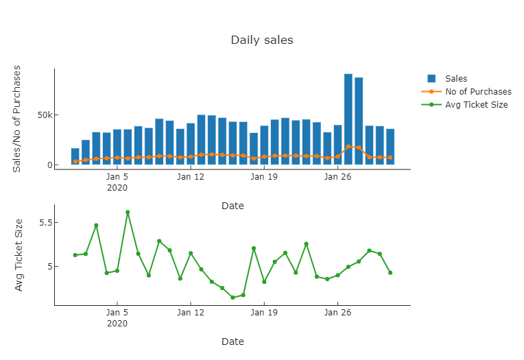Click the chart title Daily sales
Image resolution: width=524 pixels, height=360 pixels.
(261, 40)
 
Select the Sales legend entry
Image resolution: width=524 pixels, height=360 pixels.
(455, 79)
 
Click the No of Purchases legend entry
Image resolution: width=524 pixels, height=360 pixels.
(477, 92)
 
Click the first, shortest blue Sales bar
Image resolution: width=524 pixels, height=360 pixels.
(75, 156)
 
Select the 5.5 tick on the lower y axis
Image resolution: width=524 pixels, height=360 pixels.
(45, 223)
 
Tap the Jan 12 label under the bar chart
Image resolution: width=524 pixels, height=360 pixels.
(191, 177)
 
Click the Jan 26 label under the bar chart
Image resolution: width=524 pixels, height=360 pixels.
(337, 177)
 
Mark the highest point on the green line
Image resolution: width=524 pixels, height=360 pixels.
(128, 213)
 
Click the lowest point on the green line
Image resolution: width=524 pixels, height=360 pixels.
(233, 298)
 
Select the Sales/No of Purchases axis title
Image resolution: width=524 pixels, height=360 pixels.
(18, 119)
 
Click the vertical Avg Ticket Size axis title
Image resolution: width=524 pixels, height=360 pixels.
(19, 255)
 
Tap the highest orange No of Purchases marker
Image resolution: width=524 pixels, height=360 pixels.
(348, 147)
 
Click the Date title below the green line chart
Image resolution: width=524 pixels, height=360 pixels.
(233, 341)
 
